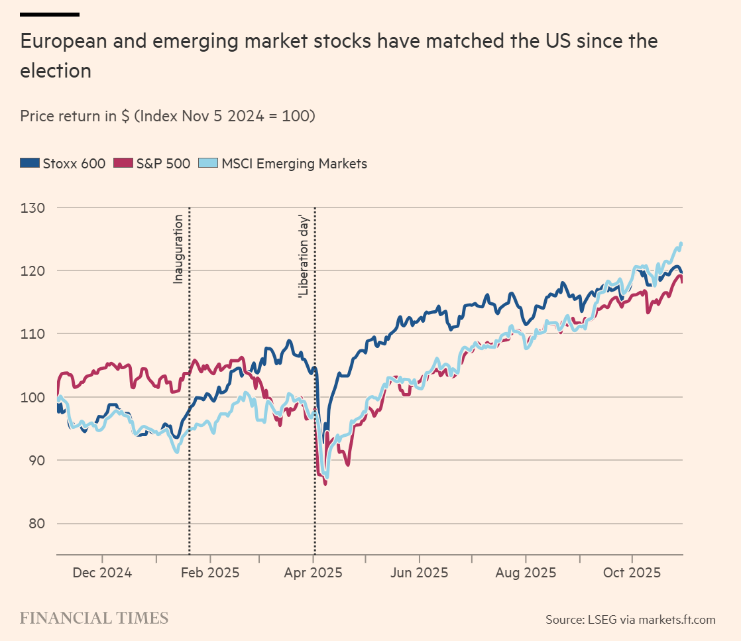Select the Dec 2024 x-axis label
103,573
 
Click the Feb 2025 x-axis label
210,573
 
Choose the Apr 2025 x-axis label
313,573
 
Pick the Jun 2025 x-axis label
419,573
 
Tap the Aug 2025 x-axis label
526,573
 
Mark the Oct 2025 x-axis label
632,573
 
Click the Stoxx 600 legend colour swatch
30,163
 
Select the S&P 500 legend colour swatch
123,163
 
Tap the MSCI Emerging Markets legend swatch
209,163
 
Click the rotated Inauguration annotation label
178,249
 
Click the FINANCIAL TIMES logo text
94,618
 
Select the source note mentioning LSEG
630,620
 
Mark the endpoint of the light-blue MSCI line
681,244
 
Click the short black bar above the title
50,14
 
